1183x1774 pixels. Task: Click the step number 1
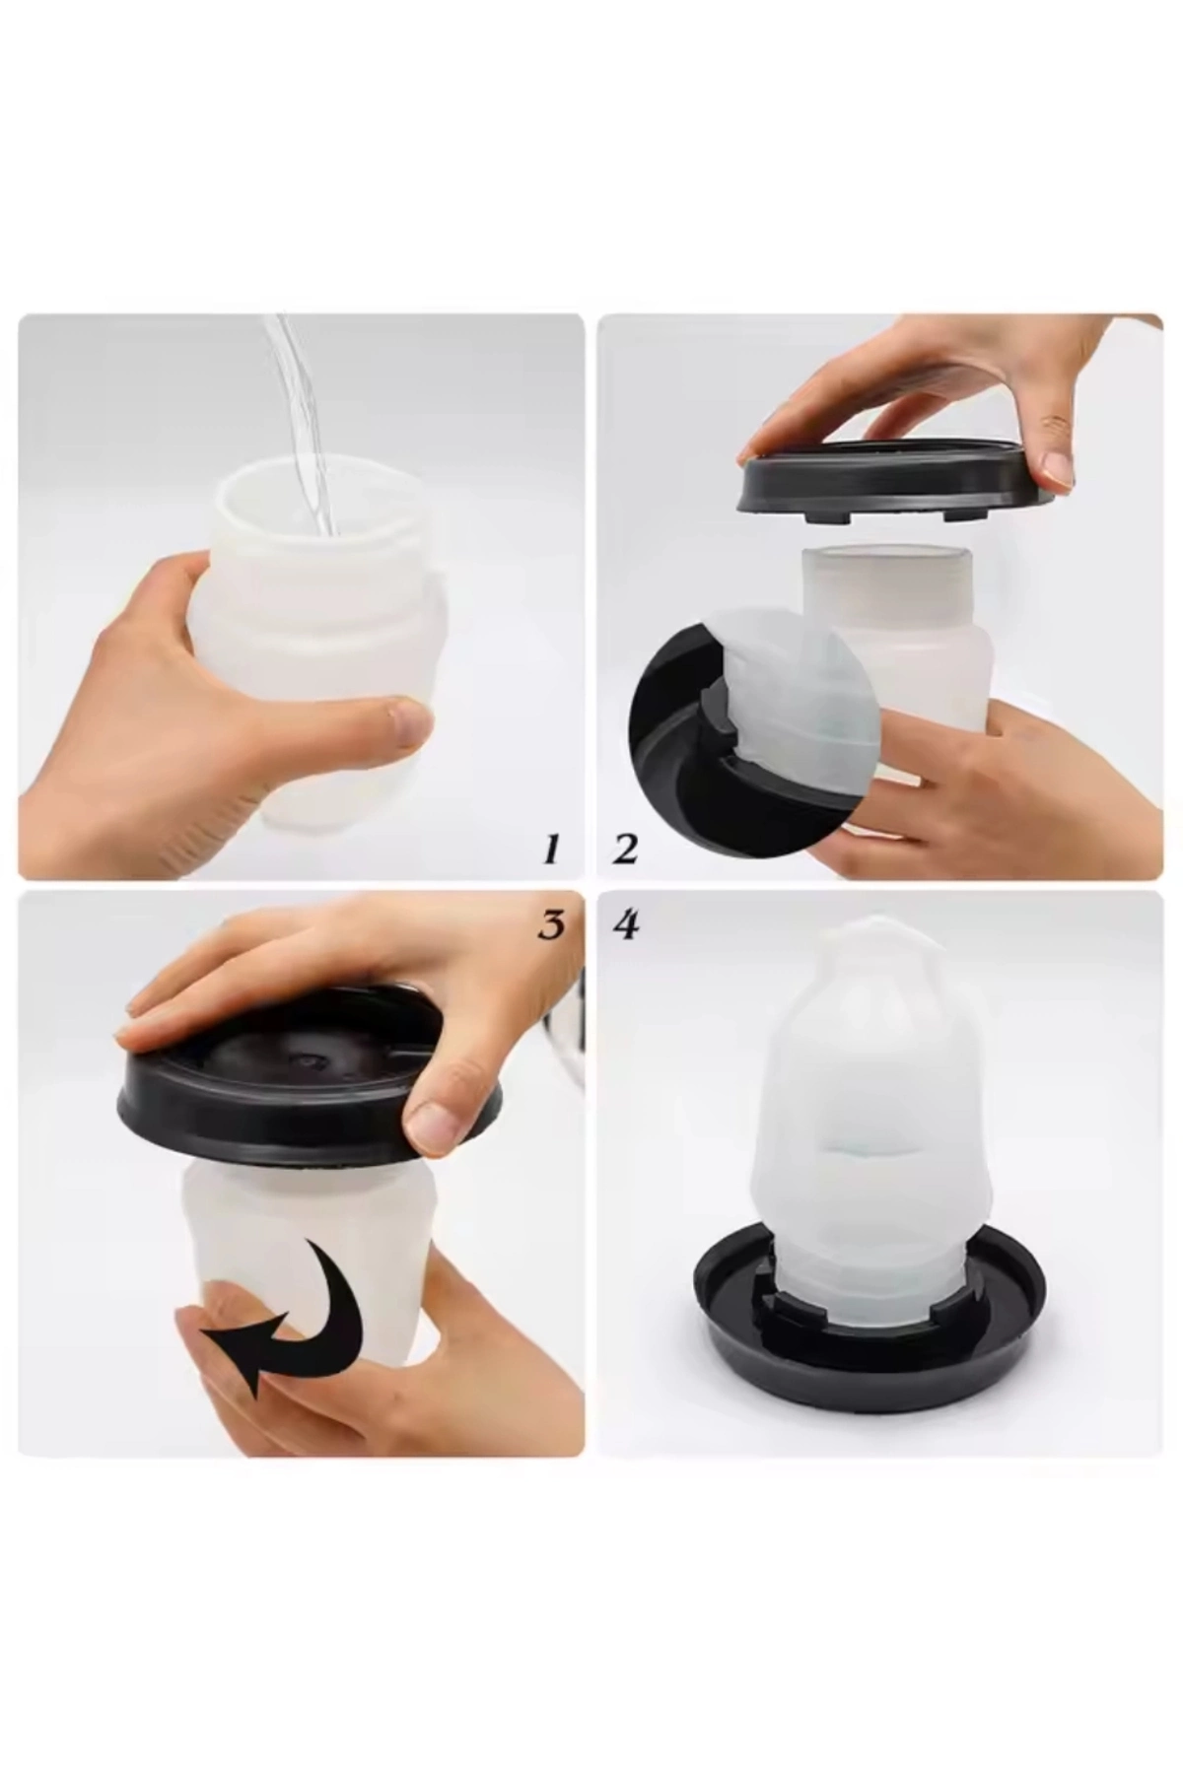[550, 848]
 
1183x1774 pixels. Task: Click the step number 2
[624, 848]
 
